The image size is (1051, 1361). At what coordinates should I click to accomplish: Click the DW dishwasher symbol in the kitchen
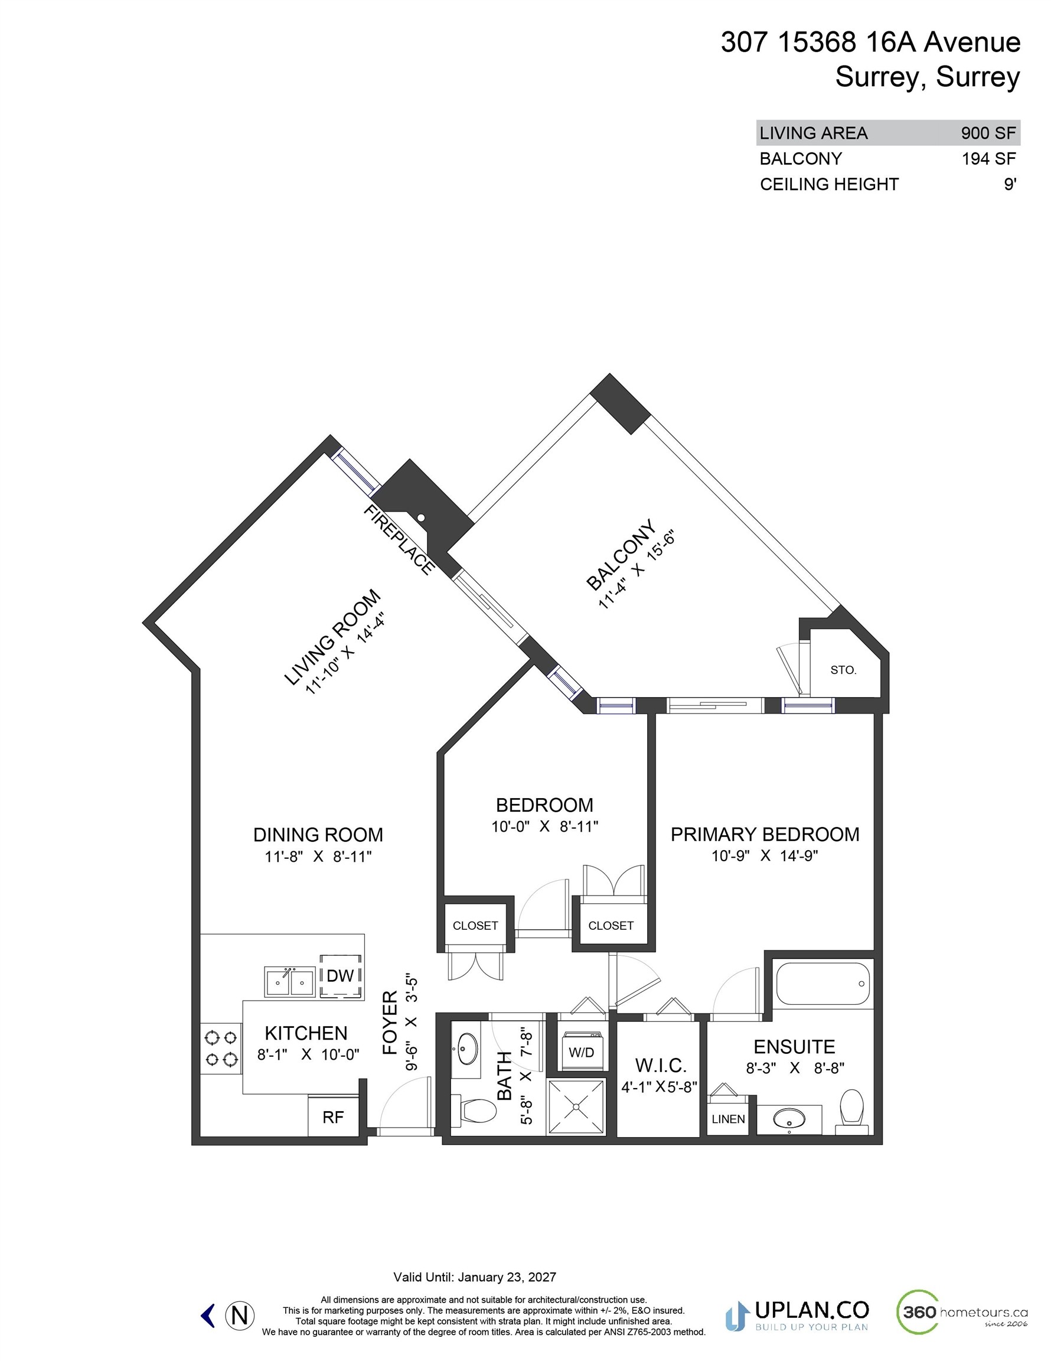pyautogui.click(x=340, y=976)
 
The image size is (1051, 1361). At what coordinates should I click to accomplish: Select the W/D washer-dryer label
pyautogui.click(x=580, y=1053)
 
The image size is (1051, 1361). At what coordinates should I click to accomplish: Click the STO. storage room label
pyautogui.click(x=843, y=670)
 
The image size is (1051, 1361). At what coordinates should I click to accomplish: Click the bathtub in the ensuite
pyautogui.click(x=822, y=984)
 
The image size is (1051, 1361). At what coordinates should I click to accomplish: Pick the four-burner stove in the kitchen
pyautogui.click(x=221, y=1048)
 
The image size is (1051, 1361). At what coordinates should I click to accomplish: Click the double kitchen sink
pyautogui.click(x=289, y=983)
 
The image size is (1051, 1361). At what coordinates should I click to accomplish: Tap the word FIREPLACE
pyautogui.click(x=399, y=540)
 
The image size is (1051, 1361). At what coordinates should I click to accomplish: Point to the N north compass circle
pyautogui.click(x=239, y=1316)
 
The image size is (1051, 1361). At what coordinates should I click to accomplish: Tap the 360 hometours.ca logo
pyautogui.click(x=961, y=1313)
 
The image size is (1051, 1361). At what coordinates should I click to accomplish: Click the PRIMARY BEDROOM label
pyautogui.click(x=765, y=835)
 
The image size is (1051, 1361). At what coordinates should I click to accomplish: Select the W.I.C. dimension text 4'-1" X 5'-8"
pyautogui.click(x=658, y=1088)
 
